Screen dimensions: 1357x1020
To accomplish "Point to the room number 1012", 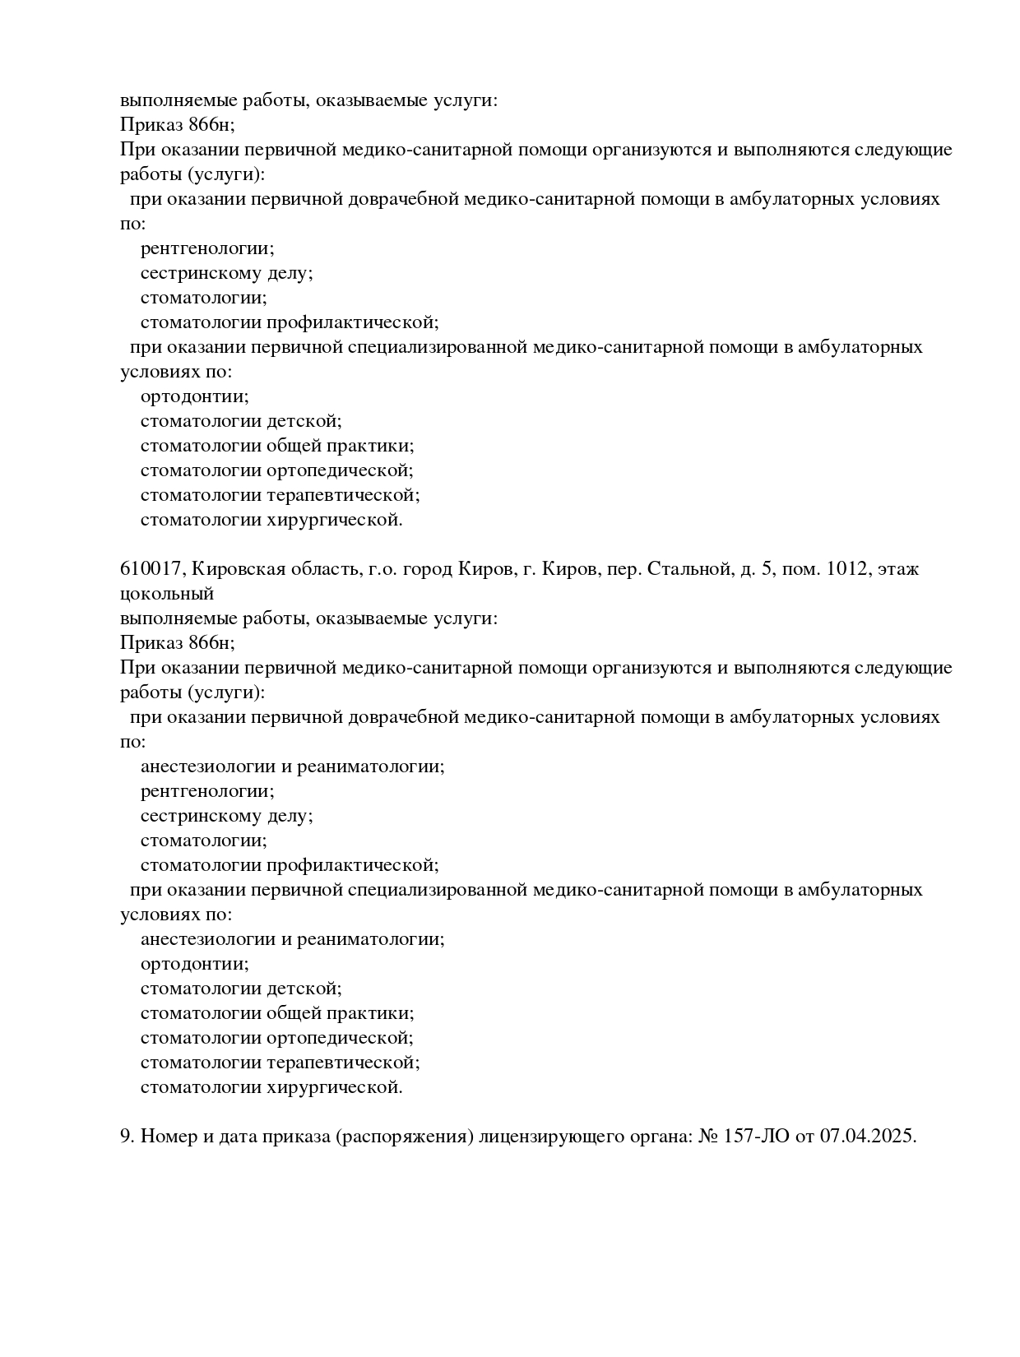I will point(848,568).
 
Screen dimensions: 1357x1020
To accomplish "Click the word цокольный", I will point(167,594).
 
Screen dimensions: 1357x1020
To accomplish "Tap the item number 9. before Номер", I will point(128,1136).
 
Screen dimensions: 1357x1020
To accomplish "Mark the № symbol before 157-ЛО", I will point(708,1136).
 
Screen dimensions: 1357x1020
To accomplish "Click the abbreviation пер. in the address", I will point(624,568).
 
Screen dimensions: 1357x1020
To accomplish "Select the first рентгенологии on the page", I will point(207,248).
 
